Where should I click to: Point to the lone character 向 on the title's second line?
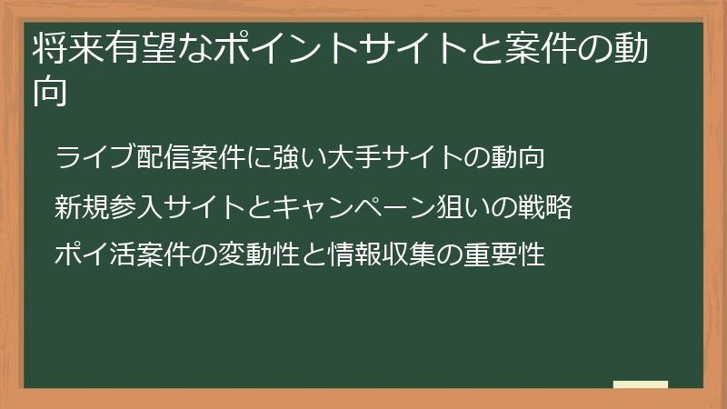tap(50, 93)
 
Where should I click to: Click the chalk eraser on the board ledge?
tap(640, 384)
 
